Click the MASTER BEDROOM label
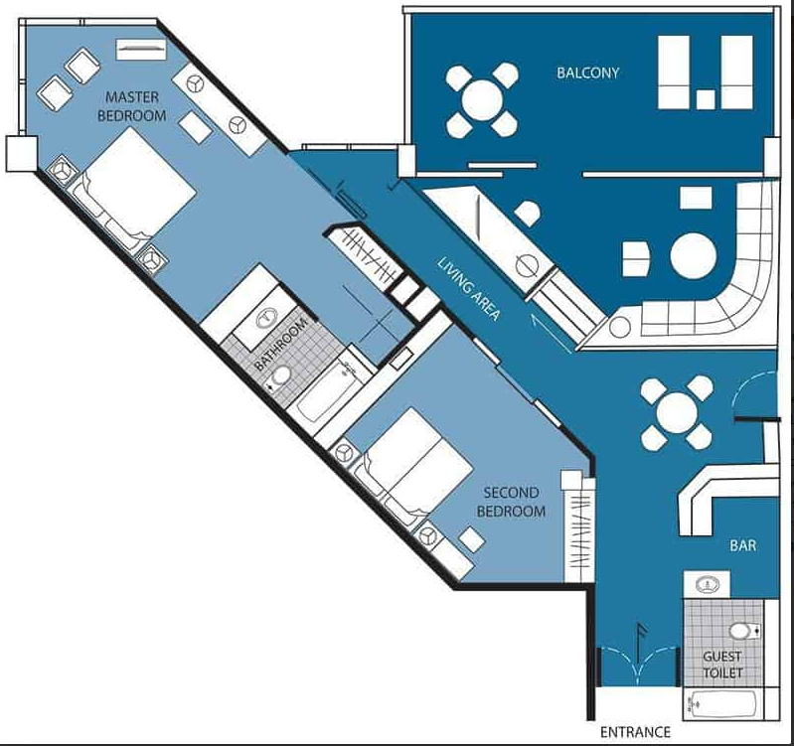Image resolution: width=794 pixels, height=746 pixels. pos(131,106)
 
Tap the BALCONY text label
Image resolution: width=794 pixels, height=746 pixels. pos(588,73)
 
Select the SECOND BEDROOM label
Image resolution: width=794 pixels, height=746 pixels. pos(511,502)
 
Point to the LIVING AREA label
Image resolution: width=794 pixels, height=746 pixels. pos(469,289)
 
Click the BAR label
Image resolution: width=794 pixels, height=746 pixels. pos(743,545)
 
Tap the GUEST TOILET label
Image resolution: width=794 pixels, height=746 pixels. pos(722,665)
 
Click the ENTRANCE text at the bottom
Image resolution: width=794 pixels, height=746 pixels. pos(635,732)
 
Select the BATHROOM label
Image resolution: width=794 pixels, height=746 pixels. pos(281,345)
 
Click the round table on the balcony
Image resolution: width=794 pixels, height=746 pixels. pos(482,100)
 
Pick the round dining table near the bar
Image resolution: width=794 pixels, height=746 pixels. pos(677,413)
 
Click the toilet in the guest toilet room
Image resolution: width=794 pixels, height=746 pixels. pos(743,631)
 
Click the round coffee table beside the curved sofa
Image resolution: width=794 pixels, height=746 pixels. pos(694,255)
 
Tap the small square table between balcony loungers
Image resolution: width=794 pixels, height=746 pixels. pos(706,99)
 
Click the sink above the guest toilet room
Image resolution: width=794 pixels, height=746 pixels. pos(707,585)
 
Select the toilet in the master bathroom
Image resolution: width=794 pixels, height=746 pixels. pos(280,376)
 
